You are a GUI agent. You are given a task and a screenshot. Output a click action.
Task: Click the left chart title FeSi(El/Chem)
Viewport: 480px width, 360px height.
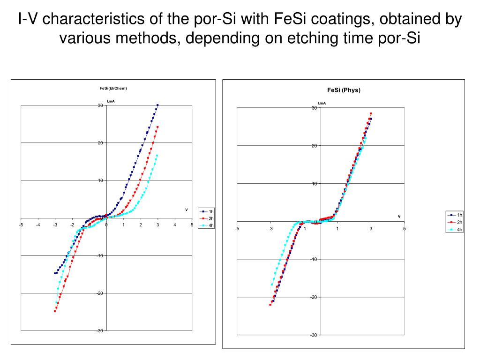pos(113,88)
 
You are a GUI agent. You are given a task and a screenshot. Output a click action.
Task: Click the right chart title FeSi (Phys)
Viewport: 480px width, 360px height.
pos(344,90)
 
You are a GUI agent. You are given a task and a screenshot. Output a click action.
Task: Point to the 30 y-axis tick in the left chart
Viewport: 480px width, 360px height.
pos(100,105)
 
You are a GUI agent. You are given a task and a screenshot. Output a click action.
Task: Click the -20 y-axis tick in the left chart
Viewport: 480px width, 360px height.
pos(99,293)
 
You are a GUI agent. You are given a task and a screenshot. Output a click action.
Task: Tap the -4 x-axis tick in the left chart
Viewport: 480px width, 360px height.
pos(38,225)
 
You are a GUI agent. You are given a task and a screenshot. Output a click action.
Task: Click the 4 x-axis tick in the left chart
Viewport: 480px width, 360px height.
pos(175,225)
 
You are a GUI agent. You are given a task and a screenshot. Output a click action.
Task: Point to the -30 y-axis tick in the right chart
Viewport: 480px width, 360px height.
pos(313,335)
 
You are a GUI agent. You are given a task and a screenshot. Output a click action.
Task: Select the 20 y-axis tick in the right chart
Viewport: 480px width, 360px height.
pos(315,146)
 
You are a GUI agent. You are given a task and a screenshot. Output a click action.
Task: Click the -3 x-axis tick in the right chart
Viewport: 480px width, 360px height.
pos(270,229)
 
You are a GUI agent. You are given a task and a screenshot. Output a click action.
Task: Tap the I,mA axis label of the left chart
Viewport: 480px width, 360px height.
pos(111,101)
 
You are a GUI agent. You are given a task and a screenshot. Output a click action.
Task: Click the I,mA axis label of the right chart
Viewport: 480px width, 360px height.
pos(322,103)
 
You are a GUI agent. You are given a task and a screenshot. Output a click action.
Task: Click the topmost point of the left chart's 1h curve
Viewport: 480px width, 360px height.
pos(158,105)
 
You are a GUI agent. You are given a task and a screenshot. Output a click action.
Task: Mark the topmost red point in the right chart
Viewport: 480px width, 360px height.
pos(371,113)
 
